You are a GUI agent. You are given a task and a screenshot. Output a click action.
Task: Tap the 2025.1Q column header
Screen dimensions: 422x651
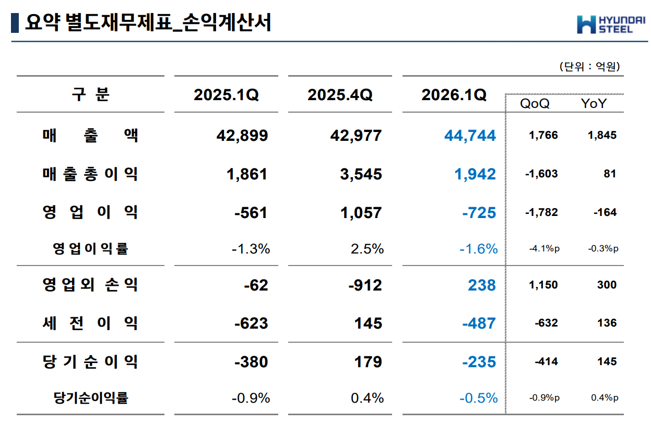(x=226, y=95)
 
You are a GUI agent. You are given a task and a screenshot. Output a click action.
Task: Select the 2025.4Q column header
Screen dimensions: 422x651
(x=340, y=95)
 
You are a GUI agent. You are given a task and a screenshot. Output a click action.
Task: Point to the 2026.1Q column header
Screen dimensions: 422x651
(x=454, y=95)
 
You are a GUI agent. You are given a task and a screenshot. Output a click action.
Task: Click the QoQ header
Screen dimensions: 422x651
(x=535, y=104)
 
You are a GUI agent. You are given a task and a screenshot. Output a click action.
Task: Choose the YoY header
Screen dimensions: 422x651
(x=594, y=104)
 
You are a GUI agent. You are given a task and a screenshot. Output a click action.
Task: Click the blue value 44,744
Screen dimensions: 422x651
(x=470, y=136)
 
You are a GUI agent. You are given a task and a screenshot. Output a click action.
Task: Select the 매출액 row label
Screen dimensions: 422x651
(x=90, y=136)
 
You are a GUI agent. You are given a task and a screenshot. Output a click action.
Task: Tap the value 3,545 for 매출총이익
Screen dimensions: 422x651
(x=361, y=174)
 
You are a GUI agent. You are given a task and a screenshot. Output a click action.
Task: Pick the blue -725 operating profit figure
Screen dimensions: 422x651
(x=479, y=213)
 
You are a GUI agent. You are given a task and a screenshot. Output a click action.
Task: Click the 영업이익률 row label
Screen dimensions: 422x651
(x=90, y=249)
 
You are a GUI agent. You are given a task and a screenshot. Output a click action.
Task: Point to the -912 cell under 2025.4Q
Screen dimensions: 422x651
(x=365, y=285)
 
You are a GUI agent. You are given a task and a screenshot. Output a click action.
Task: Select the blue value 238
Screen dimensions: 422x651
(x=482, y=285)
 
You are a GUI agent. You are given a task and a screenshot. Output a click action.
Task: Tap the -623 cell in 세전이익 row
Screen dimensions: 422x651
(x=251, y=323)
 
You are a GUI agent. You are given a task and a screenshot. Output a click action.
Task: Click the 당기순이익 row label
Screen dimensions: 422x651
(x=90, y=361)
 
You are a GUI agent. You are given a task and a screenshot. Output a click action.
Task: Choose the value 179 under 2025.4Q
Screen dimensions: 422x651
(x=368, y=362)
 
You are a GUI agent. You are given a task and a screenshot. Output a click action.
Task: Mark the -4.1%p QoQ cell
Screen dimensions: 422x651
(x=544, y=249)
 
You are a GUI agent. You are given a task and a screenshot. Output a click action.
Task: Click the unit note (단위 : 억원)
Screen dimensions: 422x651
(x=589, y=66)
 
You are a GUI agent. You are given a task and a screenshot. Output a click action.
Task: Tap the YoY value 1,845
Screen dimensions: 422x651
(x=601, y=136)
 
